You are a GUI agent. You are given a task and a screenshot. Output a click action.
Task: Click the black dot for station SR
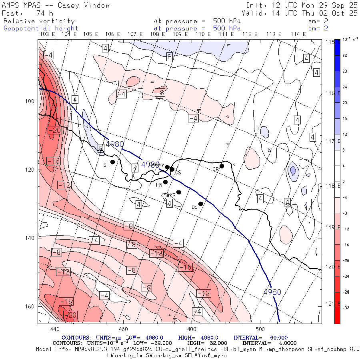[x=113, y=162]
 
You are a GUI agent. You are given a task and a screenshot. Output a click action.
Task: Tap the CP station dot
[x=222, y=166]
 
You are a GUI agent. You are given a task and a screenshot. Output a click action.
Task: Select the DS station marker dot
[x=201, y=204]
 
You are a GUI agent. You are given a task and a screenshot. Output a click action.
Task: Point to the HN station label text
[x=159, y=185]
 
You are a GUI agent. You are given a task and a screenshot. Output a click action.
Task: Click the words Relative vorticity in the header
[x=39, y=21]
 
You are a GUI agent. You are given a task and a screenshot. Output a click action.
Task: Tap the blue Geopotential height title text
[x=41, y=28]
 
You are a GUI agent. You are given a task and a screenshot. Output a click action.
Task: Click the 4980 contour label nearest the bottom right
[x=272, y=292]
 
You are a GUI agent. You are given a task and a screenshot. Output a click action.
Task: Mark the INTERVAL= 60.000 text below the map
[x=260, y=338]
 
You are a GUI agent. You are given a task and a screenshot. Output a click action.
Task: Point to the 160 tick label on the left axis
[x=32, y=306]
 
